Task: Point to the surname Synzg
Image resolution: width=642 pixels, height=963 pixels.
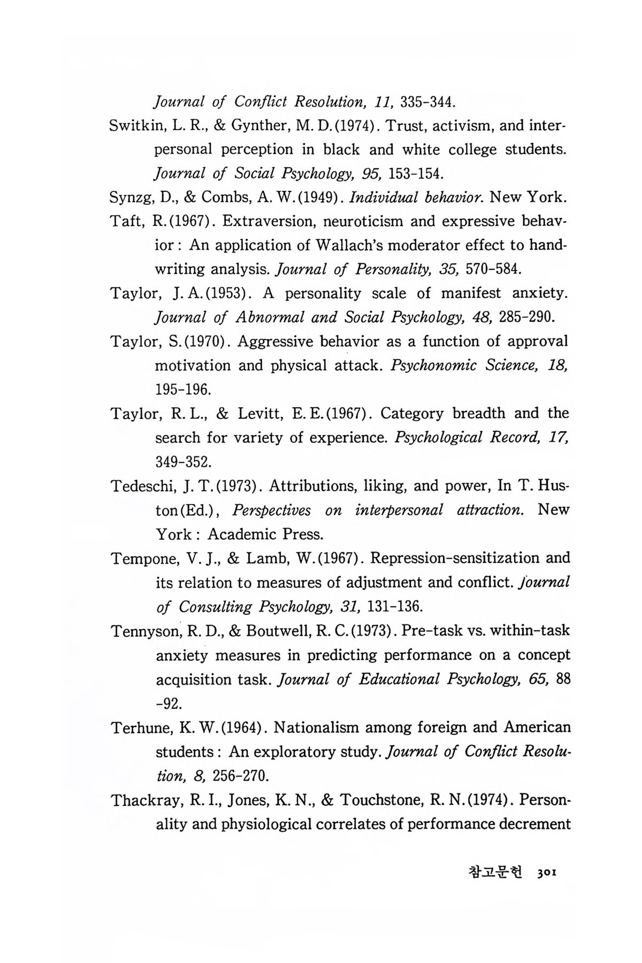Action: click(132, 197)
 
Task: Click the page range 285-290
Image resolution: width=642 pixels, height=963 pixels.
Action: click(525, 317)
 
